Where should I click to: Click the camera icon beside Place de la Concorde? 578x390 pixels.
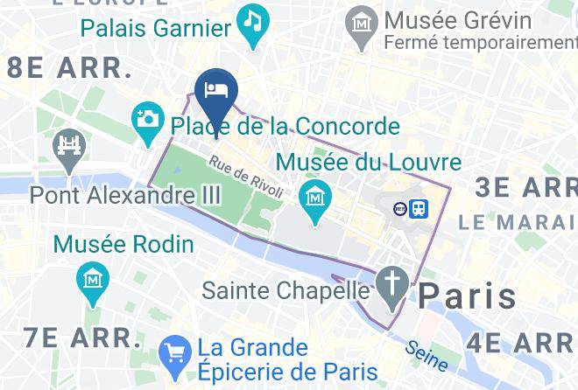[x=147, y=117]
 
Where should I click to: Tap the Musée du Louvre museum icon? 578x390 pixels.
[x=314, y=195]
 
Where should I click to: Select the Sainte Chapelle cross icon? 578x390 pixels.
[x=391, y=282]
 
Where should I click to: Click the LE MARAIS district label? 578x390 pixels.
[x=518, y=222]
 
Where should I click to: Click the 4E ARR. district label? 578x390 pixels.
[x=521, y=342]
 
